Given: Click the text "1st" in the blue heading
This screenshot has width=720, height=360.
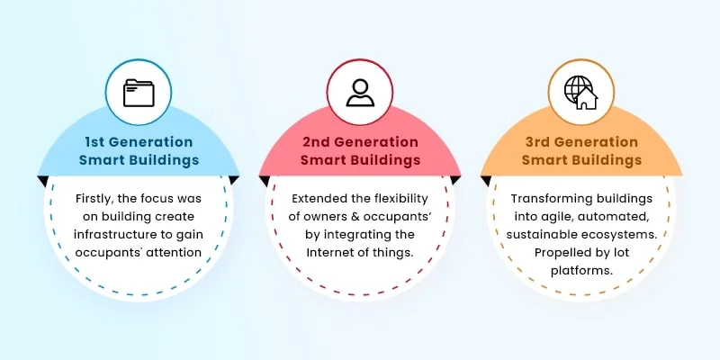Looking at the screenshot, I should click(x=98, y=142).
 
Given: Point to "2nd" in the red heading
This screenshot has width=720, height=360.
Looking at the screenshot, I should click(x=316, y=142).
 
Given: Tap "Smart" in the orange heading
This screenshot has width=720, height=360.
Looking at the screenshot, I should click(x=548, y=160).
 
